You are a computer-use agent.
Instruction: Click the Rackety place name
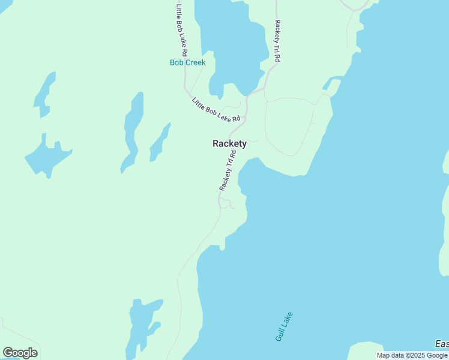229,144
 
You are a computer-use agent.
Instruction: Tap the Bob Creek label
187,62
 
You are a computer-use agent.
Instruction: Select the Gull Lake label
284,326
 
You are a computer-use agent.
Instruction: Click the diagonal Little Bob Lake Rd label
215,110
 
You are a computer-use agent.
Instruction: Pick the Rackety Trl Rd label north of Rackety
278,41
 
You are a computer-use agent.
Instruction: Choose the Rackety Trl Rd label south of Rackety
228,171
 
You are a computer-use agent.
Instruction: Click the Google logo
20,353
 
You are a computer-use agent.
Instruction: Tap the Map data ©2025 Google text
412,355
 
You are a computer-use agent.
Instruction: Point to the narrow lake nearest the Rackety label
160,143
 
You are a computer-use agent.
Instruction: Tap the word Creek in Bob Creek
194,62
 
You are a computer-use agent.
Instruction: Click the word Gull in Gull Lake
280,334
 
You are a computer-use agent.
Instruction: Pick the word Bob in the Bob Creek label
176,62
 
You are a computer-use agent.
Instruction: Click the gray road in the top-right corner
357,6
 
